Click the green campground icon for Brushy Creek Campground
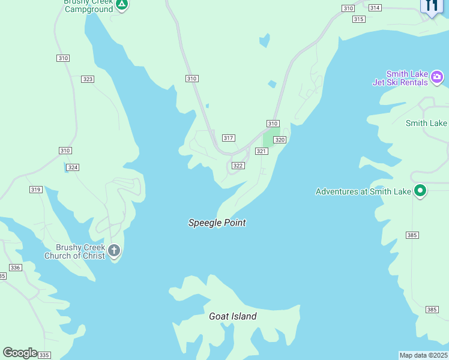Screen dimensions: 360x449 [122, 5]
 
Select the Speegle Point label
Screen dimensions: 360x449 [217, 223]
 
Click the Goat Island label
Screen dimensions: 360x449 [232, 316]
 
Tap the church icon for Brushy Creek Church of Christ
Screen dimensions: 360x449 [113, 250]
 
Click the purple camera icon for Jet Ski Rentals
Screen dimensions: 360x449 [437, 77]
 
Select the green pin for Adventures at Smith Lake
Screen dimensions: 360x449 [420, 191]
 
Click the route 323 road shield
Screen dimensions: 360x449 [88, 79]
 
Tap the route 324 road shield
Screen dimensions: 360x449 [73, 167]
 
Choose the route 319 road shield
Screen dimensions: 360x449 [35, 190]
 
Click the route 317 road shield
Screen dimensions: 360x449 [228, 138]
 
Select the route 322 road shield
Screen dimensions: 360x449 [238, 166]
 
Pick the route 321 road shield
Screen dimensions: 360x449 [261, 151]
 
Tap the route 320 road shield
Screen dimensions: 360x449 [280, 140]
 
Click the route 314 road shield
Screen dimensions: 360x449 [375, 8]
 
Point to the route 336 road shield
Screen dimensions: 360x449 [16, 268]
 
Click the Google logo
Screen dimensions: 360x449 [20, 352]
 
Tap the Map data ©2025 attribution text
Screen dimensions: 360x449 [424, 355]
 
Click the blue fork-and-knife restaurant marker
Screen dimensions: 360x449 [431, 6]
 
